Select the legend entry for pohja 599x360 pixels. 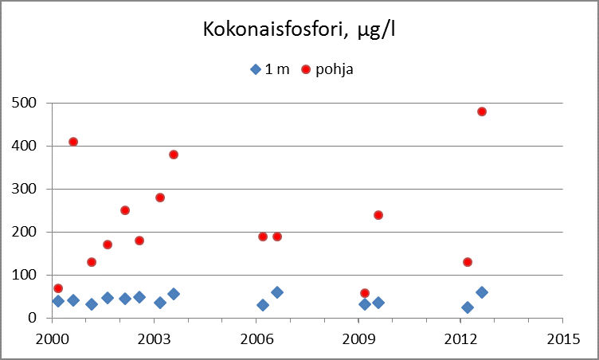pos(327,69)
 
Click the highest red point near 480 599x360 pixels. pos(482,112)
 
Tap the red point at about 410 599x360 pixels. pos(73,142)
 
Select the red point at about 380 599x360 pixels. pos(174,155)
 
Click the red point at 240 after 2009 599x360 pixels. pos(378,215)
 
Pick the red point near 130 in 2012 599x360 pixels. pos(468,262)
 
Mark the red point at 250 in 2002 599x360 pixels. pos(125,210)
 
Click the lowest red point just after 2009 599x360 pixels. pos(365,293)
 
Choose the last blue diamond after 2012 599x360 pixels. pos(482,292)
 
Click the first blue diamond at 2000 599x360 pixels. pos(58,301)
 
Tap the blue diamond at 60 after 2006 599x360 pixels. pos(277,292)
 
